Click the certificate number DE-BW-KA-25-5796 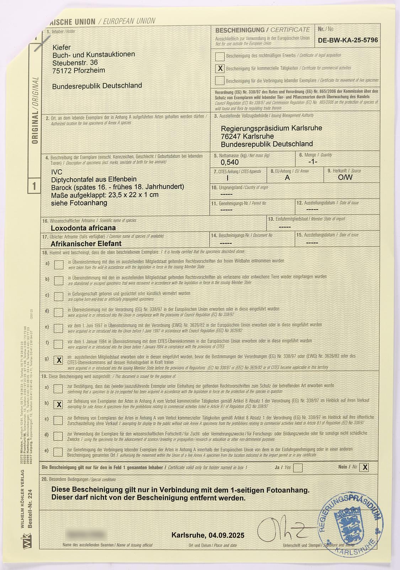click(348, 40)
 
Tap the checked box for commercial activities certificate click(220, 68)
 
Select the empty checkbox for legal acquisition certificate click(220, 56)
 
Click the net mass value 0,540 click(230, 162)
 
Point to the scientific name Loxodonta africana click(83, 228)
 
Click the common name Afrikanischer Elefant click(86, 244)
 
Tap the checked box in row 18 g click(59, 360)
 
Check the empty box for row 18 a click(59, 264)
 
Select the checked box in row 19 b click(59, 404)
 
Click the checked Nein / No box click(364, 467)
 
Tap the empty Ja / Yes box click(298, 468)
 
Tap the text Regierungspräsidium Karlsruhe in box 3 click(271, 128)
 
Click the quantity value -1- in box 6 click(313, 162)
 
